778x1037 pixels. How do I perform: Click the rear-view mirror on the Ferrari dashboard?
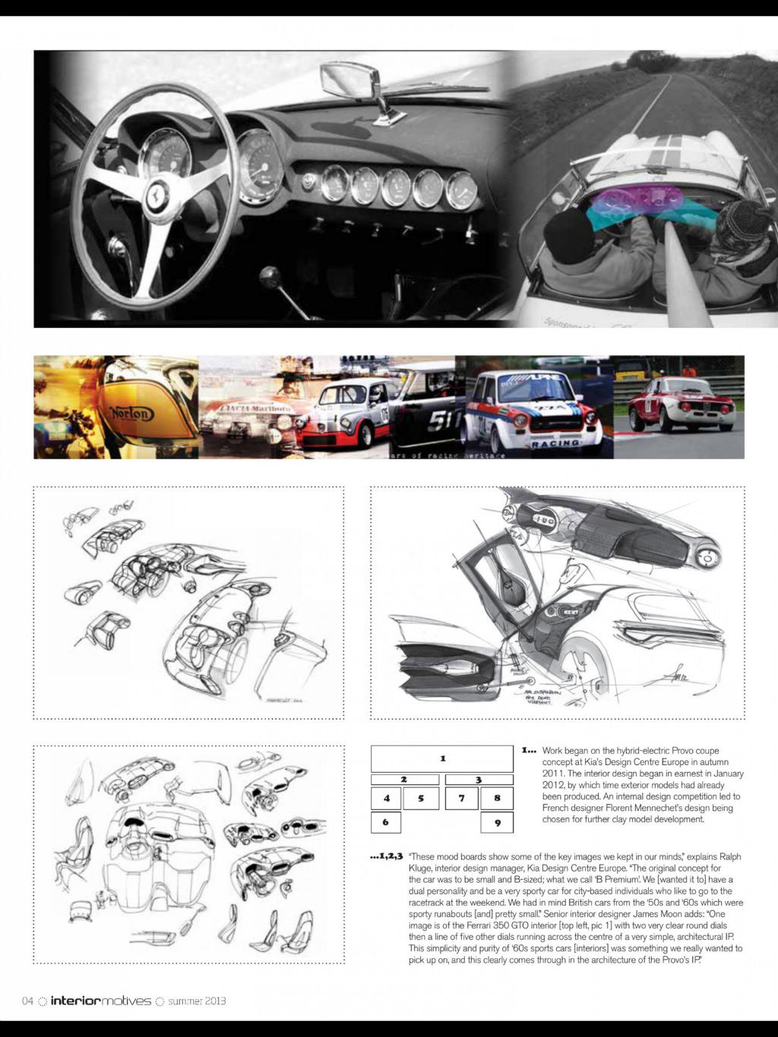point(351,78)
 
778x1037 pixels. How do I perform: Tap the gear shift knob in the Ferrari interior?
point(269,276)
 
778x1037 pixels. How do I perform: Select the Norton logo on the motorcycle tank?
point(133,413)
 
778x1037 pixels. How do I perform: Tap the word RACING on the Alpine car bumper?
point(555,443)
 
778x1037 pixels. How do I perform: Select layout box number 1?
point(442,758)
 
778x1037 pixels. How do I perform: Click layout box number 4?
point(386,798)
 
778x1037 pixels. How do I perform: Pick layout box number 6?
point(386,821)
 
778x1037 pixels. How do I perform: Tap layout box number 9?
point(497,822)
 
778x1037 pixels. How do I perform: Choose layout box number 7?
point(461,798)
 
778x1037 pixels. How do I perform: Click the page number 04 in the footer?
point(28,1001)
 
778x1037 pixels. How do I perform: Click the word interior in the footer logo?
point(75,1001)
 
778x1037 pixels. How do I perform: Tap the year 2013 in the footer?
point(213,1001)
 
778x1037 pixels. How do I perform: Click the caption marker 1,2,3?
point(386,856)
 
